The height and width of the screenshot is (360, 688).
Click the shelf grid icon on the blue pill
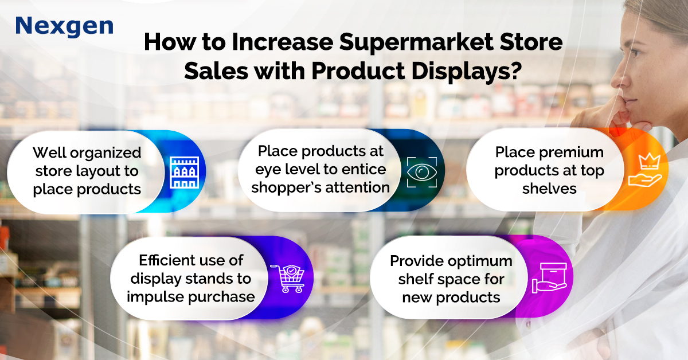point(184,173)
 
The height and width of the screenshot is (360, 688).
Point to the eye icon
point(422,172)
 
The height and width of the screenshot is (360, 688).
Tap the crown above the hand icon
point(649,161)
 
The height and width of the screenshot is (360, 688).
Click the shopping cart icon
point(287,278)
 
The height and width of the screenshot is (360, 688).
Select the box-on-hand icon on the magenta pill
point(549,277)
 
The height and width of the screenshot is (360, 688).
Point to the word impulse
point(155,298)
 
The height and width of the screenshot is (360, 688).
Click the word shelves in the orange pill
point(549,189)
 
